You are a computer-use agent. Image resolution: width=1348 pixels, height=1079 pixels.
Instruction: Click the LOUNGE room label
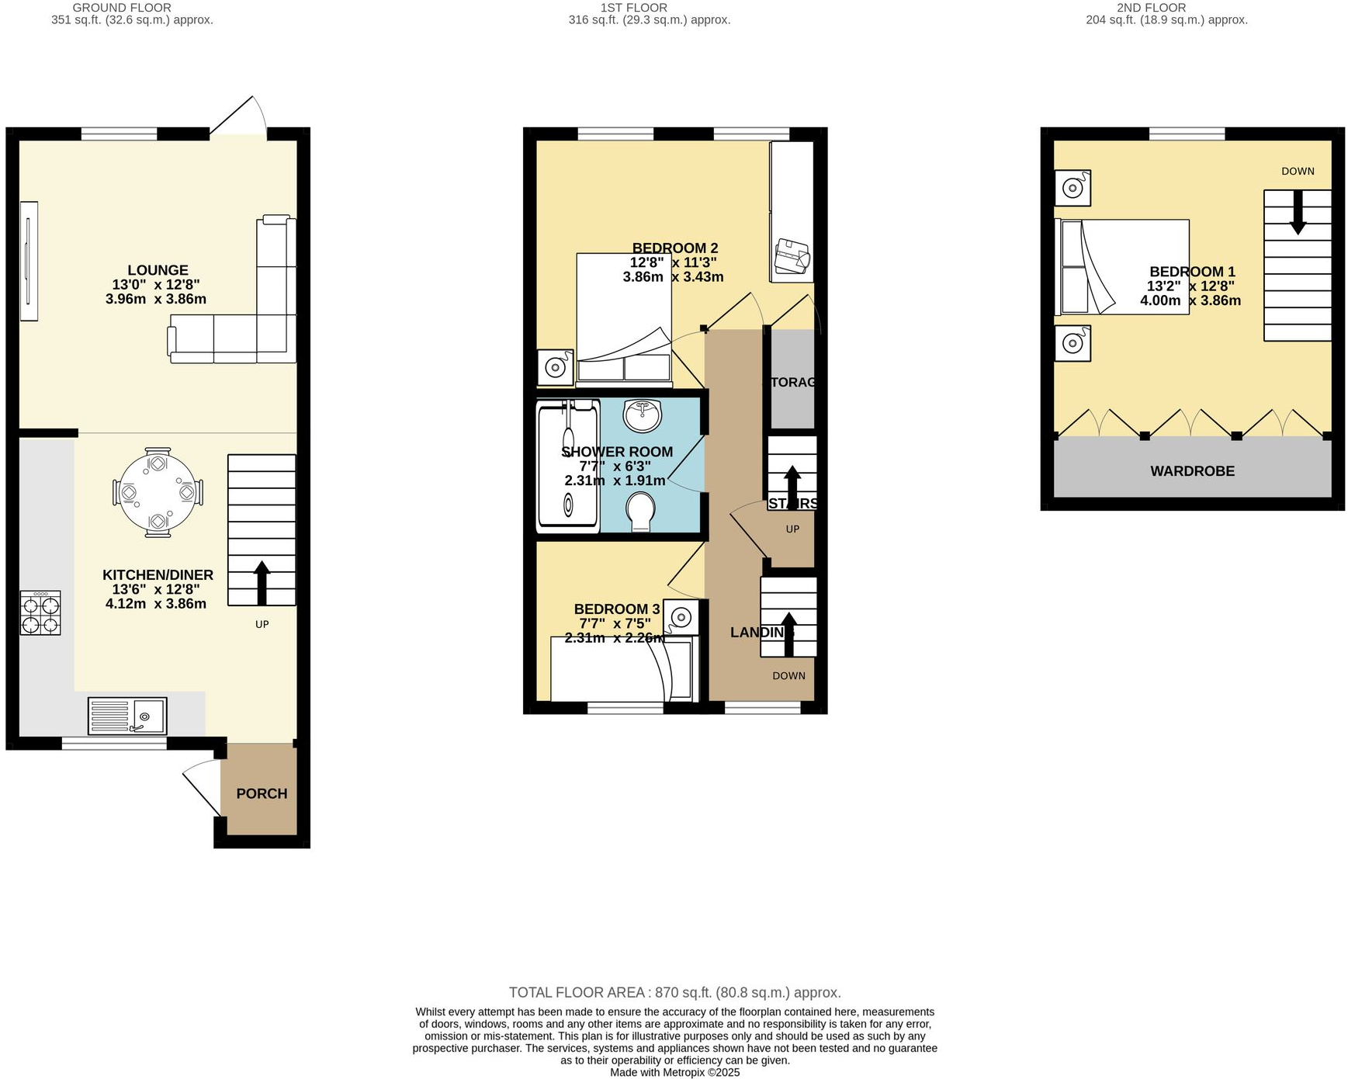pyautogui.click(x=158, y=270)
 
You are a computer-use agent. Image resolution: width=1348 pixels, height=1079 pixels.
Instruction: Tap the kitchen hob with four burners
pyautogui.click(x=40, y=613)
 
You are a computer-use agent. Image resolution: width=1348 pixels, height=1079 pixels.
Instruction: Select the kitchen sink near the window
pyautogui.click(x=127, y=716)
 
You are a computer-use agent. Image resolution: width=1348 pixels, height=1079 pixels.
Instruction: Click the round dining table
pyautogui.click(x=158, y=492)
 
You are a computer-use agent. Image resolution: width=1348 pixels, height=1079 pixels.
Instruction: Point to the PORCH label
pyautogui.click(x=262, y=793)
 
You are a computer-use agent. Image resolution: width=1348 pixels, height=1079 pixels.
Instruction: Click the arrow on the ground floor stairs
pyautogui.click(x=262, y=582)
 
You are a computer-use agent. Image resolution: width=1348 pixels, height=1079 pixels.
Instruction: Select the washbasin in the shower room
pyautogui.click(x=643, y=415)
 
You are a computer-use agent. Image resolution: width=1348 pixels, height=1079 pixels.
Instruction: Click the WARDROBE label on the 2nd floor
pyautogui.click(x=1192, y=471)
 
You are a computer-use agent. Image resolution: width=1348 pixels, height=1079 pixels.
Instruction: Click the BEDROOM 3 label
pyautogui.click(x=617, y=609)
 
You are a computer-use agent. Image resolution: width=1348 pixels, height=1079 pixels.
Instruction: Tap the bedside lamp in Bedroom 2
pyautogui.click(x=555, y=367)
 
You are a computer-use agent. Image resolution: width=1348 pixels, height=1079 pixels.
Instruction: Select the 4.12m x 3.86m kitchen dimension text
pyautogui.click(x=156, y=603)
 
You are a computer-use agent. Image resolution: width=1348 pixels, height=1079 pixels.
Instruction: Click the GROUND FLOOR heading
pyautogui.click(x=122, y=8)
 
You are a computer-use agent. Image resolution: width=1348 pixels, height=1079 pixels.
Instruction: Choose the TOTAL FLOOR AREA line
pyautogui.click(x=674, y=992)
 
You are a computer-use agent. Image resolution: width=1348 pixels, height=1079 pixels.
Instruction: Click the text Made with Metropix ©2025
pyautogui.click(x=674, y=1072)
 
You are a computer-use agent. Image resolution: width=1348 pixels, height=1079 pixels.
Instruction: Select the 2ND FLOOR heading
pyautogui.click(x=1151, y=8)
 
